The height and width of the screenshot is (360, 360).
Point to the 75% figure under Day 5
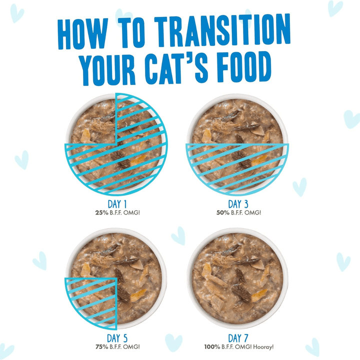(101, 346)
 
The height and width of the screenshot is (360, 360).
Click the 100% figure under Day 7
(212, 346)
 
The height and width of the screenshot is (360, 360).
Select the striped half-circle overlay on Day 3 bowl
(238, 167)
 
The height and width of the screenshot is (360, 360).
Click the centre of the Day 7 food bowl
(238, 279)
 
